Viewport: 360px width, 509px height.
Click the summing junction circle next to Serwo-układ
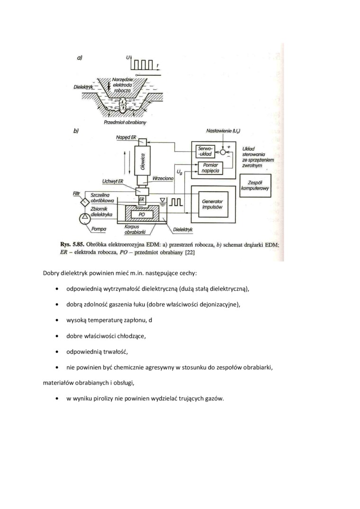[x=223, y=152]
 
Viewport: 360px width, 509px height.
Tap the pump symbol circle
[x=85, y=218]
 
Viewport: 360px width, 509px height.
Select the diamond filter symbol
[x=84, y=202]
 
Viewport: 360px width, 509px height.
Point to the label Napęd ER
[x=126, y=138]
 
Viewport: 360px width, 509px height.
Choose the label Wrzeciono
[x=163, y=178]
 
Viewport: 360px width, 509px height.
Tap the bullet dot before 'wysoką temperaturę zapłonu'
[x=57, y=321]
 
